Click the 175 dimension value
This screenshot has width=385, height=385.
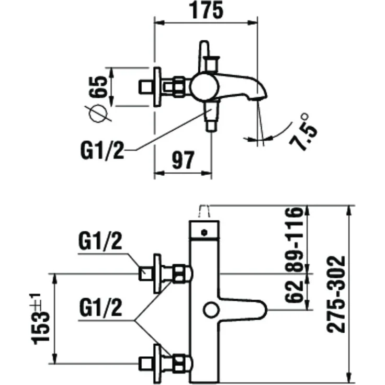(207, 10)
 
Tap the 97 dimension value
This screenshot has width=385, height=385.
(183, 160)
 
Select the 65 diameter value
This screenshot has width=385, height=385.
(98, 87)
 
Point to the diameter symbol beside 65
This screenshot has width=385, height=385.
(98, 114)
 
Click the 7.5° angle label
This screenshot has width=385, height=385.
(302, 132)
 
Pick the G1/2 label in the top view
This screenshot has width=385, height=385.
(102, 150)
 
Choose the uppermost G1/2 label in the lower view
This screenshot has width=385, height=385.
(100, 241)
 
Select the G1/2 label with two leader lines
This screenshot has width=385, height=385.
(100, 308)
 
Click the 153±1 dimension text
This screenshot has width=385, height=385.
(40, 319)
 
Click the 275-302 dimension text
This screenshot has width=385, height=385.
(336, 295)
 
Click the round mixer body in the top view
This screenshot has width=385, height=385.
(205, 87)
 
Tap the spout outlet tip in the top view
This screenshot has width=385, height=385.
(258, 98)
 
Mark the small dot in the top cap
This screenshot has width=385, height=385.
(204, 232)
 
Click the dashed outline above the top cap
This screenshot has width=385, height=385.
(205, 211)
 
